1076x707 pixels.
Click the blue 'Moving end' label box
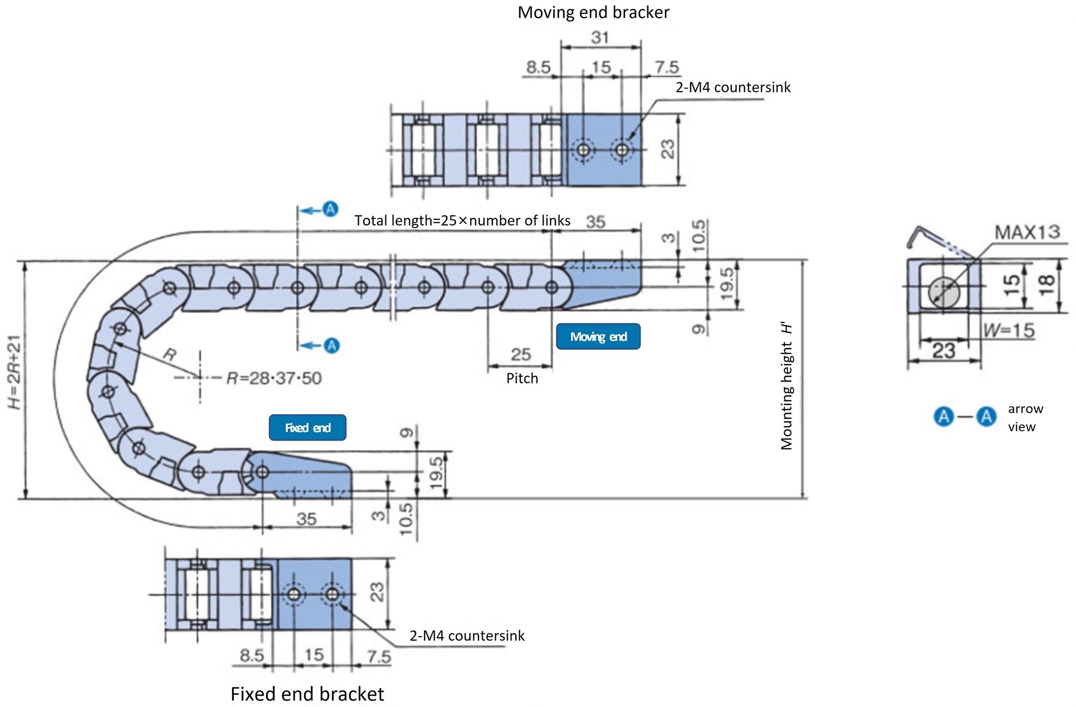click(598, 336)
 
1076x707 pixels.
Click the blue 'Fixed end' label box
click(307, 428)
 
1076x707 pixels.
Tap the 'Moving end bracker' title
click(593, 12)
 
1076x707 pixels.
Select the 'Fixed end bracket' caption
click(307, 693)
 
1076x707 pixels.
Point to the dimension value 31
click(600, 37)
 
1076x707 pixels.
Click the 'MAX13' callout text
click(1027, 232)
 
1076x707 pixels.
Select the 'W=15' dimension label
click(1009, 331)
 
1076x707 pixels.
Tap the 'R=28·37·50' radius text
click(274, 378)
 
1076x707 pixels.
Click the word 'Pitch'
click(522, 378)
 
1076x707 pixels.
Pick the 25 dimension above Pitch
click(521, 354)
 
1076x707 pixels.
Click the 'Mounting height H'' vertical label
click(786, 386)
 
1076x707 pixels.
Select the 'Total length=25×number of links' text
click(462, 220)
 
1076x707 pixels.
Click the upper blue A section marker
click(331, 209)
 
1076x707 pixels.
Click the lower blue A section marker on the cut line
click(332, 345)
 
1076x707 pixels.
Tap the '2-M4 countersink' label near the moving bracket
click(733, 87)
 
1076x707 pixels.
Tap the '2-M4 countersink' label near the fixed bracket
click(466, 635)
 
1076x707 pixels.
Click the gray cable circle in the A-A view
click(943, 292)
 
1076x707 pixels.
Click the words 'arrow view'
click(1025, 417)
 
